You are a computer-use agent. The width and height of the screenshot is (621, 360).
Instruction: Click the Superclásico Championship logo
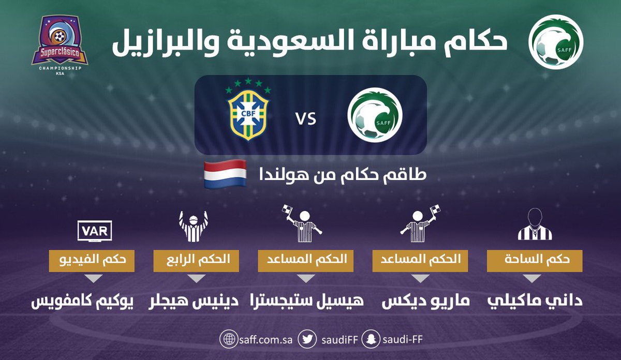pyautogui.click(x=60, y=45)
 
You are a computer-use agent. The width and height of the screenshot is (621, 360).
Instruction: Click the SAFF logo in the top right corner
pyautogui.click(x=556, y=42)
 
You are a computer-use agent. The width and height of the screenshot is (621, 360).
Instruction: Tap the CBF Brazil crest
pyautogui.click(x=248, y=109)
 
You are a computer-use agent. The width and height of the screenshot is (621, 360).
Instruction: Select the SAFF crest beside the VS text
pyautogui.click(x=375, y=115)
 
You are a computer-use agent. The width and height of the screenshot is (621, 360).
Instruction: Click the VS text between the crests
pyautogui.click(x=306, y=119)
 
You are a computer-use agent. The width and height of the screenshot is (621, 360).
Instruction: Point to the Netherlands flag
pyautogui.click(x=225, y=174)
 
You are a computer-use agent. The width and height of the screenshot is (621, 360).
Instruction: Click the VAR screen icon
pyautogui.click(x=95, y=231)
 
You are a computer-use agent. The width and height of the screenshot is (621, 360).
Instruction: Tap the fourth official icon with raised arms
pyautogui.click(x=194, y=226)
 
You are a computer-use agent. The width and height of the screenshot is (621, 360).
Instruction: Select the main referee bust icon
pyautogui.click(x=535, y=224)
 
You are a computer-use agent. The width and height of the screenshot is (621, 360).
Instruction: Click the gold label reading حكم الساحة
pyautogui.click(x=535, y=261)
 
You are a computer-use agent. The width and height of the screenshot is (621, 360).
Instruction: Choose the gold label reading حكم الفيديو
pyautogui.click(x=92, y=261)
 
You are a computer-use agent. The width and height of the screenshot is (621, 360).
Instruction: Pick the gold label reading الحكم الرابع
pyautogui.click(x=196, y=261)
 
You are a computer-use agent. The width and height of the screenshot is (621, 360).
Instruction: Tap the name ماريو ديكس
pyautogui.click(x=425, y=301)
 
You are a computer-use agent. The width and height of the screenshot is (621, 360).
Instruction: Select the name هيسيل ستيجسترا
pyautogui.click(x=307, y=301)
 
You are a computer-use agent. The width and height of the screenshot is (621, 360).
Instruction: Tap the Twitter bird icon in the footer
pyautogui.click(x=307, y=339)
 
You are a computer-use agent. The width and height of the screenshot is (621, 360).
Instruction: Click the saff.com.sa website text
pyautogui.click(x=265, y=339)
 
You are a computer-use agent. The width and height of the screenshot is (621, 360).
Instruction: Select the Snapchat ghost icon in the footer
pyautogui.click(x=371, y=339)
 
